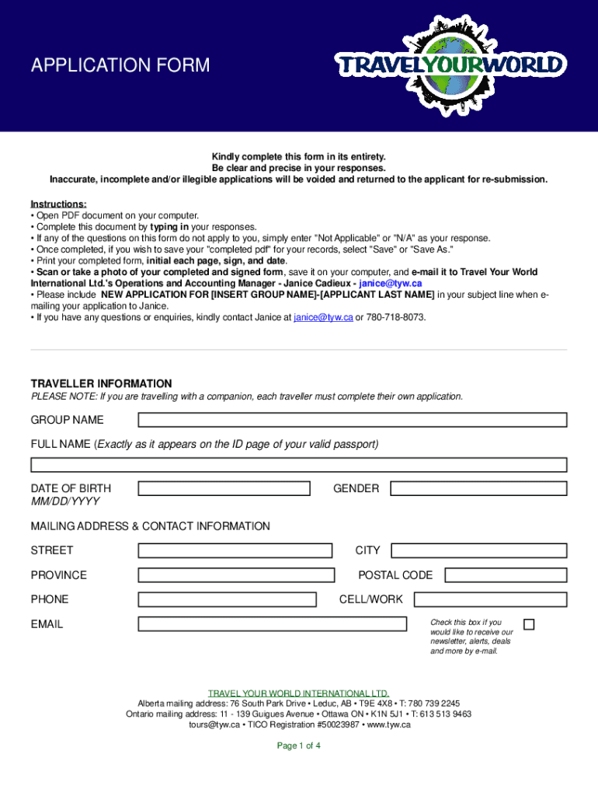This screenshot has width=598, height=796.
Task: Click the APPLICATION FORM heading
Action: (120, 65)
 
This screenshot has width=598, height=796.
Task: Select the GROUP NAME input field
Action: (353, 420)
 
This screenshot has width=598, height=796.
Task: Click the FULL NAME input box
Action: (299, 465)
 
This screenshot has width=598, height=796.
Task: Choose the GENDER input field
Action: (478, 489)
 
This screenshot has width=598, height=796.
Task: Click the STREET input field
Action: (235, 550)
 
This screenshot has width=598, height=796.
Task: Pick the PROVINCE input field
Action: (235, 575)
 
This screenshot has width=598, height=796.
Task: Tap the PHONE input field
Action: (227, 599)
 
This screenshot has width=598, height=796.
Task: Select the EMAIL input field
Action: (272, 624)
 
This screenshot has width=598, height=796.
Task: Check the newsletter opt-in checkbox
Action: (529, 624)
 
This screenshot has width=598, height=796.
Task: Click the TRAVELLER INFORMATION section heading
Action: (101, 384)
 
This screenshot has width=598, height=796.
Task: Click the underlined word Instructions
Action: (58, 204)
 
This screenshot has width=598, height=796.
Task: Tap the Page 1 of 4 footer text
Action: (299, 745)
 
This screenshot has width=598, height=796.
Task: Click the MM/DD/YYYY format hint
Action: (65, 501)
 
